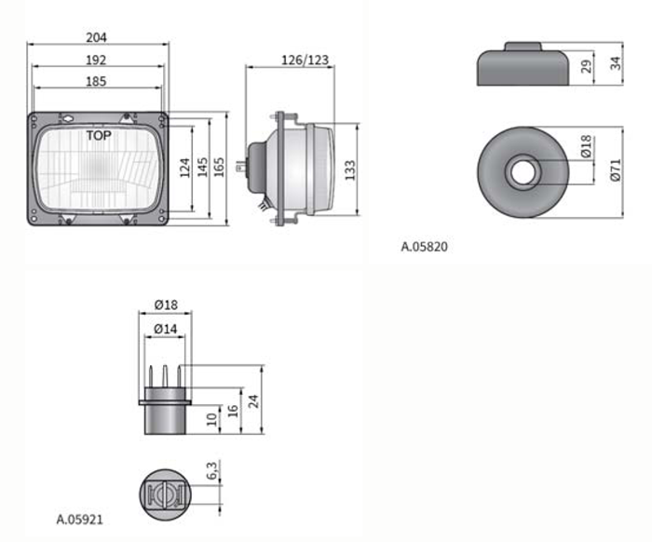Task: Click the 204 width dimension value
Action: click(x=96, y=37)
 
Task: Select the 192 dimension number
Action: click(x=96, y=60)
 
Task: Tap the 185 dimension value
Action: click(x=96, y=81)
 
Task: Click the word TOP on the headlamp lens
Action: click(x=99, y=136)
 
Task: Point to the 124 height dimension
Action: click(x=185, y=168)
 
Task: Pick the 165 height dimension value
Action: click(x=219, y=167)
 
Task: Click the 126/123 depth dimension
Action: click(x=306, y=61)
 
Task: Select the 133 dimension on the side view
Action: click(x=350, y=170)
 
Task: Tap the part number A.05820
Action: click(x=425, y=247)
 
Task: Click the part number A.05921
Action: click(x=79, y=519)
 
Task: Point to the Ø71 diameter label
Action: click(x=617, y=170)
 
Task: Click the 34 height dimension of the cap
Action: click(x=616, y=63)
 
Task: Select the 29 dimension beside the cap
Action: click(x=586, y=66)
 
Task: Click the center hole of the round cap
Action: click(x=523, y=172)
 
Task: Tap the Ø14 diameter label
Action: click(x=166, y=329)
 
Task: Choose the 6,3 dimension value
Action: click(x=211, y=470)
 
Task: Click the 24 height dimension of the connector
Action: click(x=253, y=401)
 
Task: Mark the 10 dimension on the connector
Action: click(x=212, y=419)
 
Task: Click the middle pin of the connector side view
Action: click(x=165, y=376)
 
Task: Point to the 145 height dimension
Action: click(x=202, y=167)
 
